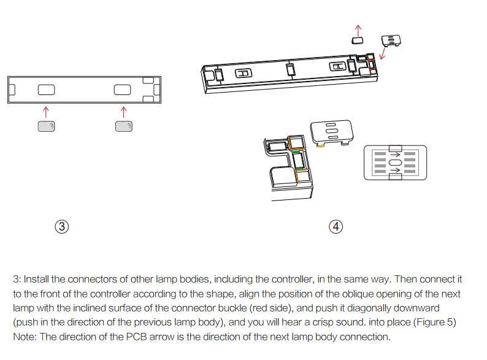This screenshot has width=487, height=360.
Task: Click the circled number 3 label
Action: [x=61, y=227]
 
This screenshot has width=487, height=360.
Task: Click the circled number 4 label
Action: [x=336, y=227]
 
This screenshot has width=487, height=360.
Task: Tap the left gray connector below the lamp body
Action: [x=47, y=126]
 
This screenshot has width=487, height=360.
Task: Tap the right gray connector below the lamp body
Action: [x=123, y=126]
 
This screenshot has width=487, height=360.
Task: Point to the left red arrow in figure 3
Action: [x=46, y=111]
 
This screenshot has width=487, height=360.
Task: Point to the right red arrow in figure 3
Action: [x=123, y=111]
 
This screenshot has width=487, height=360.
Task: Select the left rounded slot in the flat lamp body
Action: [x=46, y=90]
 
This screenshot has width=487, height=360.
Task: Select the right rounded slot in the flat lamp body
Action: [x=123, y=90]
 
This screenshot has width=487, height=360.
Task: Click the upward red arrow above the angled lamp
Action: [x=359, y=29]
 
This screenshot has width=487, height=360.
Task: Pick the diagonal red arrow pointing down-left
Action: [x=384, y=53]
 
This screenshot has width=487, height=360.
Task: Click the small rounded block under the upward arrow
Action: [x=358, y=40]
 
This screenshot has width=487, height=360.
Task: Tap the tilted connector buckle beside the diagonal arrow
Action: [x=391, y=40]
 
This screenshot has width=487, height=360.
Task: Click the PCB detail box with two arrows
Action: [x=394, y=162]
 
